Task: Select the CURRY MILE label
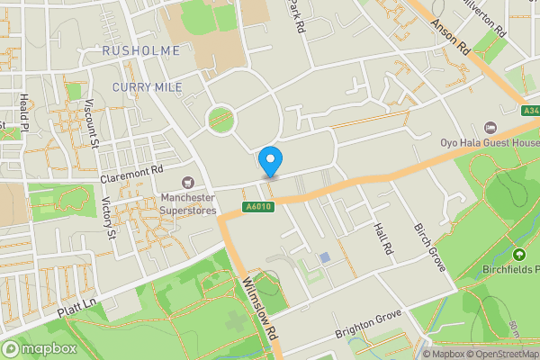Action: click(x=148, y=86)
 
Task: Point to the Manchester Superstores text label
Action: click(x=189, y=203)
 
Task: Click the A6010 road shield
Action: click(x=258, y=206)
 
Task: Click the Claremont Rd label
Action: click(x=131, y=168)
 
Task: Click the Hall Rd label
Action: click(x=383, y=238)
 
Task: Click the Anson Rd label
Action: click(x=450, y=38)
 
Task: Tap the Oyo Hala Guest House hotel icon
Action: click(x=490, y=127)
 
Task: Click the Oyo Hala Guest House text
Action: click(x=489, y=142)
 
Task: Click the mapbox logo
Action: click(x=38, y=347)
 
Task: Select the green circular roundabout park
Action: click(x=220, y=118)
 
